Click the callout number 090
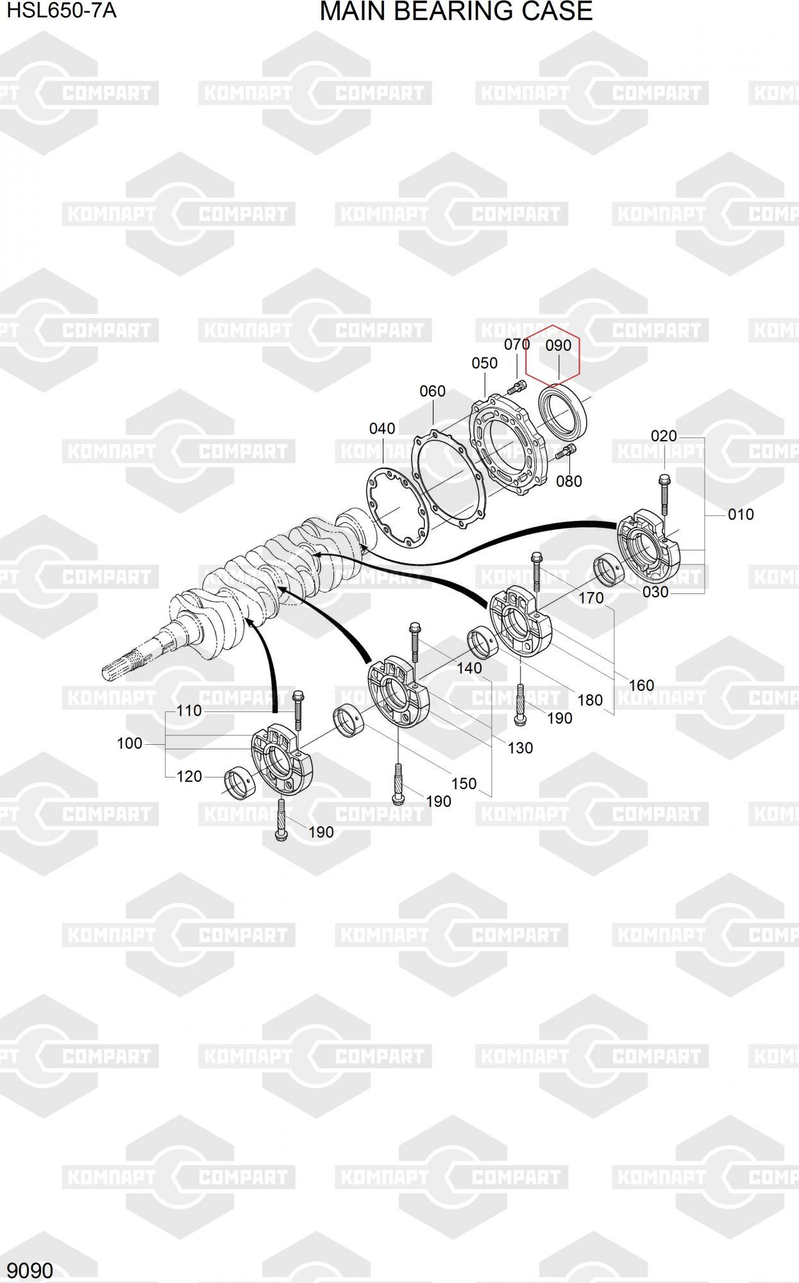click(x=558, y=345)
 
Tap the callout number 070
click(x=517, y=344)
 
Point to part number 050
click(x=484, y=363)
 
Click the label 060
click(x=432, y=391)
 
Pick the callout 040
click(x=382, y=429)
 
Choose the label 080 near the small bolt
click(x=569, y=481)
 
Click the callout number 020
click(x=664, y=436)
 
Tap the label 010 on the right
click(x=741, y=514)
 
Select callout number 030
click(x=655, y=592)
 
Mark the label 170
click(x=591, y=598)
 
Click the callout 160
click(x=641, y=685)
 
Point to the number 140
click(x=469, y=668)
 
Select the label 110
click(x=189, y=711)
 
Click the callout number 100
click(x=130, y=743)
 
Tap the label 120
click(x=189, y=776)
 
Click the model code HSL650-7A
click(x=62, y=11)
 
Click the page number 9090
click(x=30, y=1270)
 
